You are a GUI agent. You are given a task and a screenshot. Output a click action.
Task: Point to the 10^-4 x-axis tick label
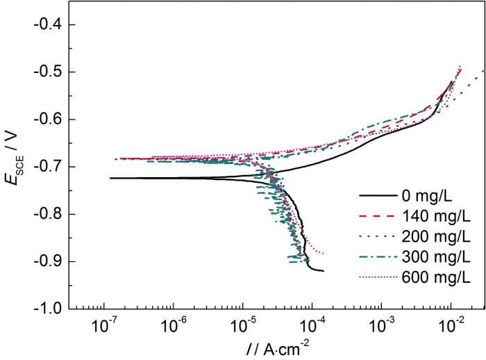pos(312,325)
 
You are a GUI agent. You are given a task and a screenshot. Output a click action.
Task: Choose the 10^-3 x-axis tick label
pos(382,325)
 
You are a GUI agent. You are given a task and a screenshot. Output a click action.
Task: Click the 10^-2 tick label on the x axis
pos(451,325)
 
